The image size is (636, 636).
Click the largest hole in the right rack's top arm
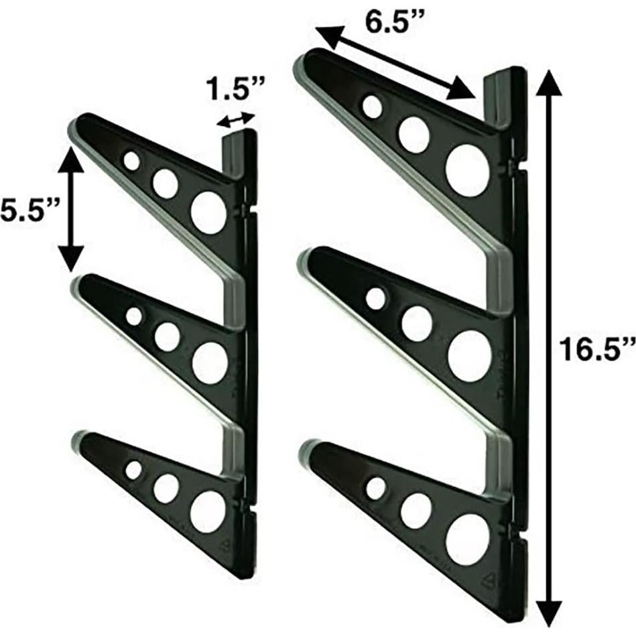click(x=467, y=170)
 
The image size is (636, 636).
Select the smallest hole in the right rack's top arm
click(x=373, y=105)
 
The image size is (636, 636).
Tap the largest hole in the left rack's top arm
click(x=208, y=212)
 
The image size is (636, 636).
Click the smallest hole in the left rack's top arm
click(x=131, y=161)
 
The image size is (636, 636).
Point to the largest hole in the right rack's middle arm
click(x=469, y=356)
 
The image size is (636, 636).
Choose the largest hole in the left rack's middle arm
click(x=210, y=363)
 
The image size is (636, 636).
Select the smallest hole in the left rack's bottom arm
click(x=133, y=470)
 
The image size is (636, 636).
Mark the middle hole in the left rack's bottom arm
click(x=166, y=489)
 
